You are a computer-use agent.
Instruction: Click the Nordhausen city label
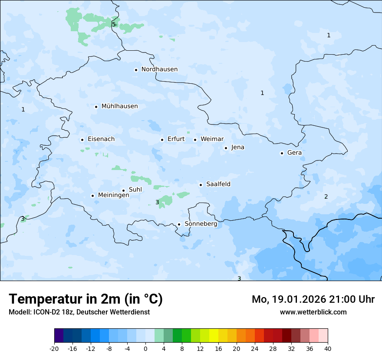159,69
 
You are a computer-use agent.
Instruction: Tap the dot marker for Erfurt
162,140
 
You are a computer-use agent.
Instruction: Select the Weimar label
212,139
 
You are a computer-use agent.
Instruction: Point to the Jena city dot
226,148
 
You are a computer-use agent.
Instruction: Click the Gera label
294,153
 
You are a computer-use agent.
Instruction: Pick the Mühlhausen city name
119,106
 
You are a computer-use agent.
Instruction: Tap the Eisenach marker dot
82,140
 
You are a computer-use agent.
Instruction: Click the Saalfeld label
218,184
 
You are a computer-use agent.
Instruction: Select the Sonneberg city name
201,224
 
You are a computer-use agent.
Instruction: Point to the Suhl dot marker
123,190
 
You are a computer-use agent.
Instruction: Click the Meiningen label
113,195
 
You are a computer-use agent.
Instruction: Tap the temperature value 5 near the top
114,24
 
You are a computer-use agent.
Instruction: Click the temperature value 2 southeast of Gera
326,196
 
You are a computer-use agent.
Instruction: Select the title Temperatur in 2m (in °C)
86,299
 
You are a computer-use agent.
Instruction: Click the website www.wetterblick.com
313,312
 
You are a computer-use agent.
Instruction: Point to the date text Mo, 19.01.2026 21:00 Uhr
313,299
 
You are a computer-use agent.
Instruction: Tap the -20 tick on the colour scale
54,348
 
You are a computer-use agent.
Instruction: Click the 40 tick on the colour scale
327,348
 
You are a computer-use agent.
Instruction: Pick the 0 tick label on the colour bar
145,348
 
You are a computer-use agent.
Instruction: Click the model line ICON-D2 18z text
79,312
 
